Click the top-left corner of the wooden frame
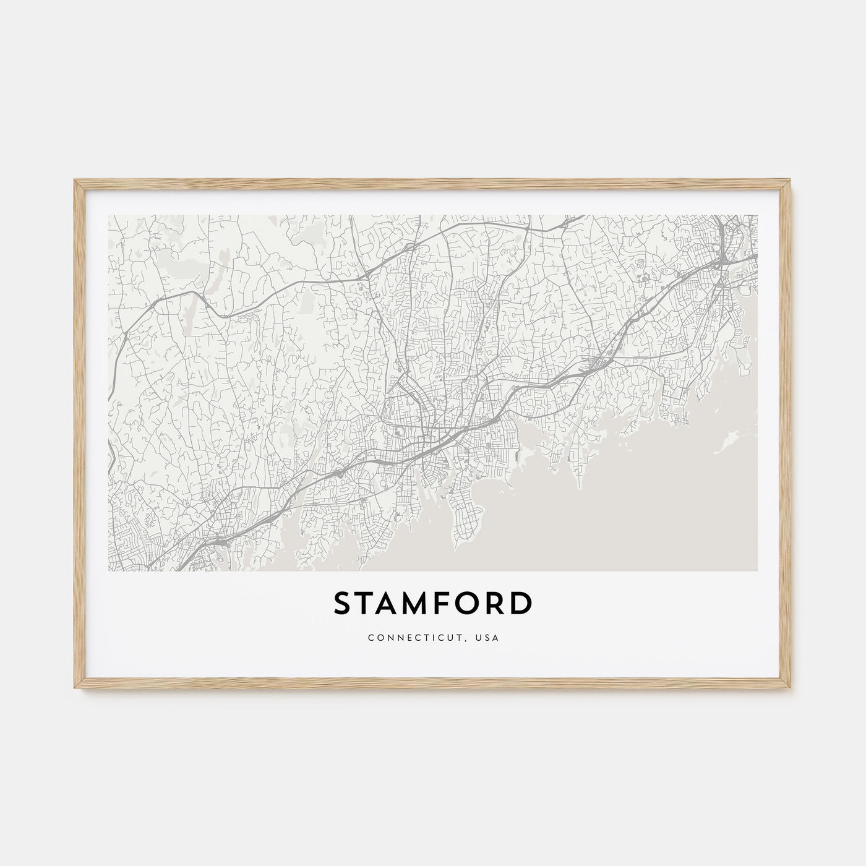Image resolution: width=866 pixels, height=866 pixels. [75, 180]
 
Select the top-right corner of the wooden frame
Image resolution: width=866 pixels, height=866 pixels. [791, 180]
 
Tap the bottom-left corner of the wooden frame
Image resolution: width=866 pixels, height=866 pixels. [75, 689]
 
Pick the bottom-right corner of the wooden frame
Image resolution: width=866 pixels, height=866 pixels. [791, 689]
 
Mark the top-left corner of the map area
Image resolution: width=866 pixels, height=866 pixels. [108, 215]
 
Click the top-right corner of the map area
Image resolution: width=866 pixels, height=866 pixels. [757, 215]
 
